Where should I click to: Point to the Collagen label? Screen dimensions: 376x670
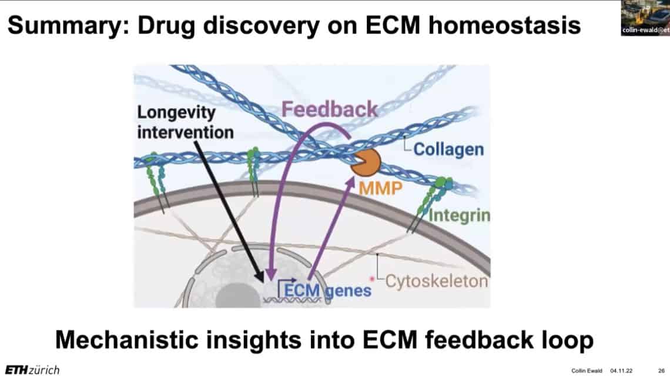point(448,149)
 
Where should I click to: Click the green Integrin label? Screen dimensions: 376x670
point(459,215)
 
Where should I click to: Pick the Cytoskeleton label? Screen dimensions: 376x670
point(436,281)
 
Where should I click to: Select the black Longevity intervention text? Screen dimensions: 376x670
point(185,122)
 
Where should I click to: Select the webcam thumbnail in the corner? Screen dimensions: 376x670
point(645,18)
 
